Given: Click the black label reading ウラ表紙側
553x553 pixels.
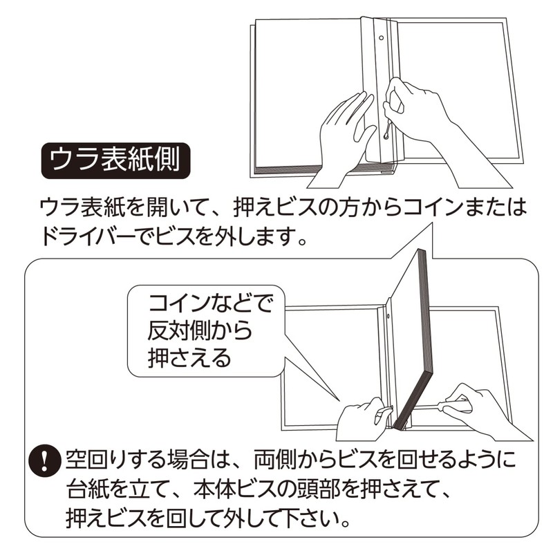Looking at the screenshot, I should (115, 161).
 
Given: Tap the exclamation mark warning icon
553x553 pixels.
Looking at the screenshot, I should (46, 460).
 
